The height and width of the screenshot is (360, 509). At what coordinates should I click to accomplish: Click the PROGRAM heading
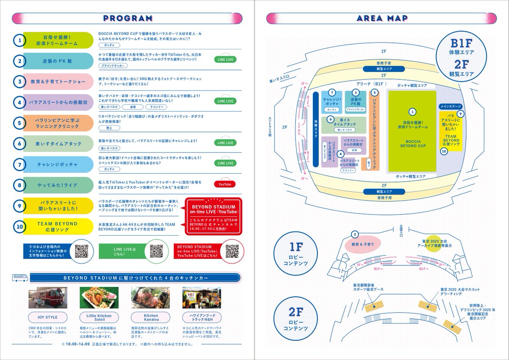click(x=127, y=18)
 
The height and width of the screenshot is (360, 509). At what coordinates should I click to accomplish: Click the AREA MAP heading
click(x=382, y=18)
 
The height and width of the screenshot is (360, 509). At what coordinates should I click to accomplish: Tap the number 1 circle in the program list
click(x=19, y=40)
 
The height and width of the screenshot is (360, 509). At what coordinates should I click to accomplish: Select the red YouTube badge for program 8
click(x=225, y=184)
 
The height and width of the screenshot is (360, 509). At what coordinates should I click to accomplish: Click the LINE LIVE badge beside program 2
click(x=225, y=59)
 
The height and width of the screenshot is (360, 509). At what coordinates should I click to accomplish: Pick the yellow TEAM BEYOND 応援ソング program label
click(x=57, y=226)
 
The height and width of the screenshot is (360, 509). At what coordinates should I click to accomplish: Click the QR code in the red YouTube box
click(x=232, y=251)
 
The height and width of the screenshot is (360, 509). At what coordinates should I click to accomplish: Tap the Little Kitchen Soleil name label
click(x=98, y=318)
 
